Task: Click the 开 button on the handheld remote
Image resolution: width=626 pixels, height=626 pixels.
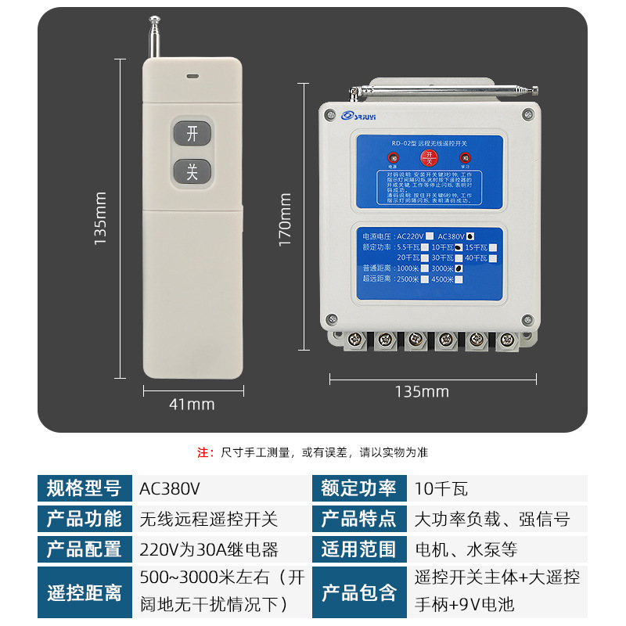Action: [x=192, y=135]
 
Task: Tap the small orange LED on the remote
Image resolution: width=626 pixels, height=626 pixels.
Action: [x=192, y=77]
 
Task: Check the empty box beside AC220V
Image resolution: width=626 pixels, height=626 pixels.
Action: [x=429, y=236]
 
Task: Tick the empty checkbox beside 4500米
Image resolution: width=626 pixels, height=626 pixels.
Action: [x=459, y=279]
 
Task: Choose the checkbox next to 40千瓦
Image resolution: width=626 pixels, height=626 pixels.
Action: [x=493, y=257]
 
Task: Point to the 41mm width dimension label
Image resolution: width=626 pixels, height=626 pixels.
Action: [x=192, y=405]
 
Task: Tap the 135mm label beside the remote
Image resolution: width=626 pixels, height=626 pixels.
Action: [x=100, y=220]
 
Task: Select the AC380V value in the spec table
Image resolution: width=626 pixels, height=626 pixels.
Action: [x=170, y=489]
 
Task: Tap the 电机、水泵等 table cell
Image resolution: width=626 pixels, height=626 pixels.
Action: [x=465, y=549]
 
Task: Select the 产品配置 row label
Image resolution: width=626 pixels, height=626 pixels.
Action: [x=84, y=549]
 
